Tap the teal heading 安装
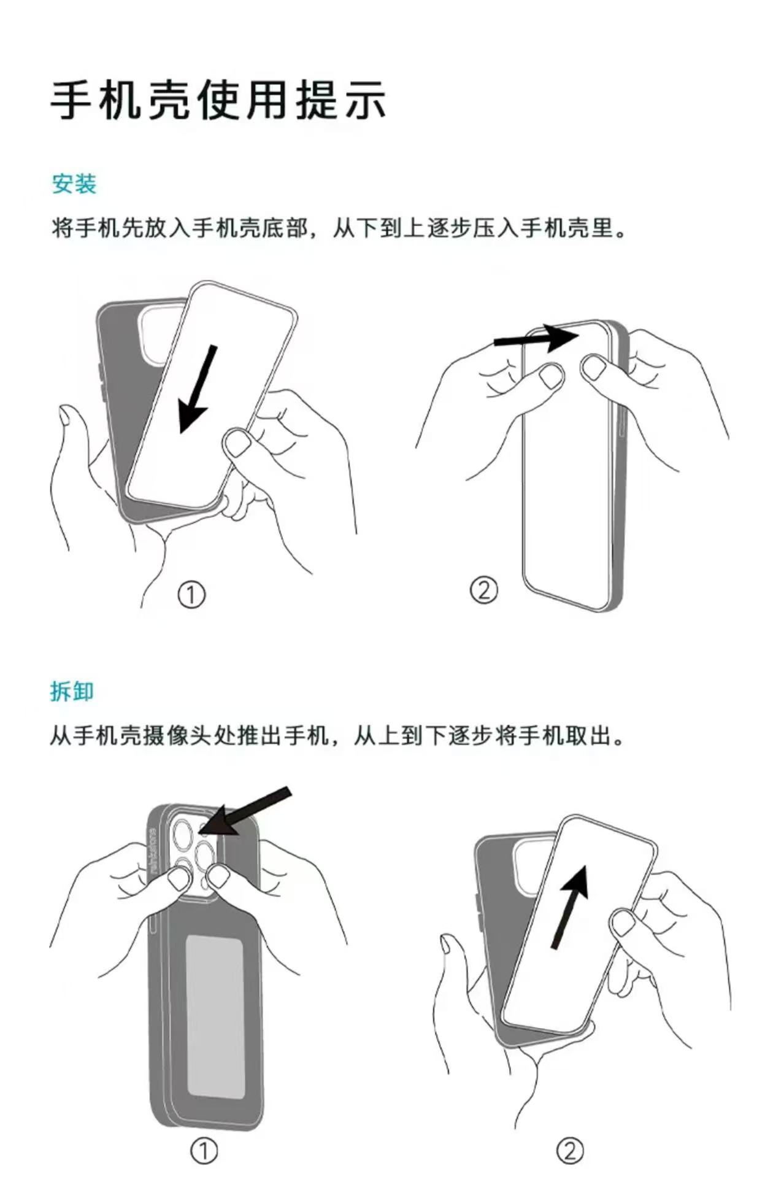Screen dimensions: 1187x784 pos(74,184)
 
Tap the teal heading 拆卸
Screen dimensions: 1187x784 pos(72,691)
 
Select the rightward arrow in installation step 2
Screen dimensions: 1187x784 pos(537,338)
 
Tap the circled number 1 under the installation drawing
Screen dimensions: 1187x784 pos(191,594)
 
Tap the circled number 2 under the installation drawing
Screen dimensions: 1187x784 pos(483,590)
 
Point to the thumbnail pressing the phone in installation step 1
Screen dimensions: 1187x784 pos(236,443)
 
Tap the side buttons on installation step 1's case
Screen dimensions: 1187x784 pos(102,384)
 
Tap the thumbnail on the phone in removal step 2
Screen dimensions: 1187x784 pos(623,922)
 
